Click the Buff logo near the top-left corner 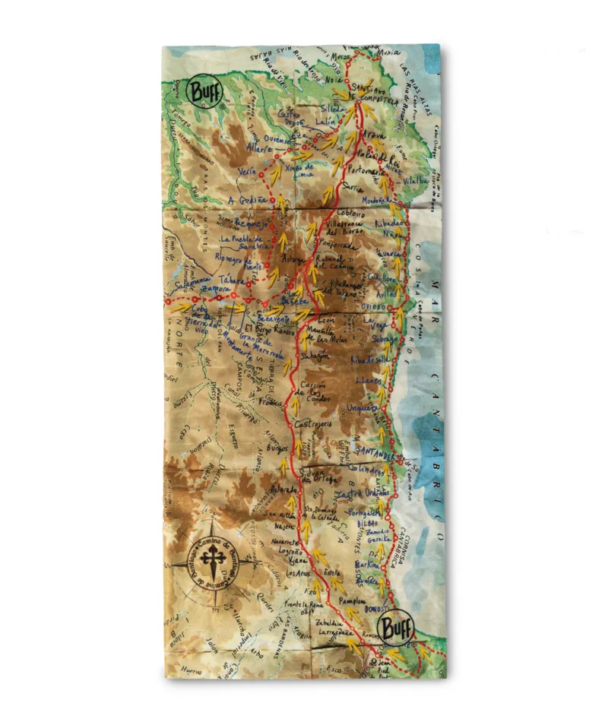(x=201, y=92)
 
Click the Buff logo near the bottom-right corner (x=397, y=629)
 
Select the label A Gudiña (x=247, y=200)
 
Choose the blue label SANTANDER (x=372, y=454)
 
